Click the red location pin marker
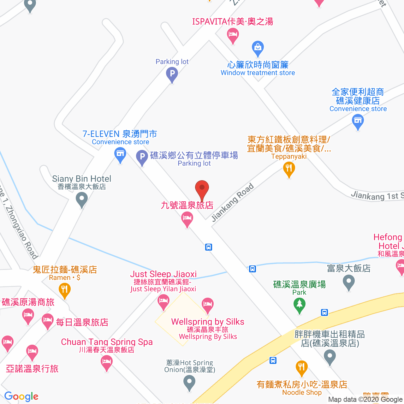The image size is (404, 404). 202,189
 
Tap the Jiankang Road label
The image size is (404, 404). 233,202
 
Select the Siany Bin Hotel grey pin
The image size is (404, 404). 82,200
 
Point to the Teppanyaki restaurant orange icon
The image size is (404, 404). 289,169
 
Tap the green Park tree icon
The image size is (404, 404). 299,306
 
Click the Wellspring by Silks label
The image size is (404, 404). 208,322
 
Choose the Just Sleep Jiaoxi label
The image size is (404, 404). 163,274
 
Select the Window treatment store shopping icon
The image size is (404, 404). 258,48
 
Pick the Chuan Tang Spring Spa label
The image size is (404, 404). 107,342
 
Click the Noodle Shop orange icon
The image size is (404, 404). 301,368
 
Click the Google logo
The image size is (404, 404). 21,396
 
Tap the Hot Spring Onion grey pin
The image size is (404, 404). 189,383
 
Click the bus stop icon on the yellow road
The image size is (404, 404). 324,312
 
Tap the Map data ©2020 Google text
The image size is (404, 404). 365,399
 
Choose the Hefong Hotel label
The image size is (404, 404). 389,241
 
